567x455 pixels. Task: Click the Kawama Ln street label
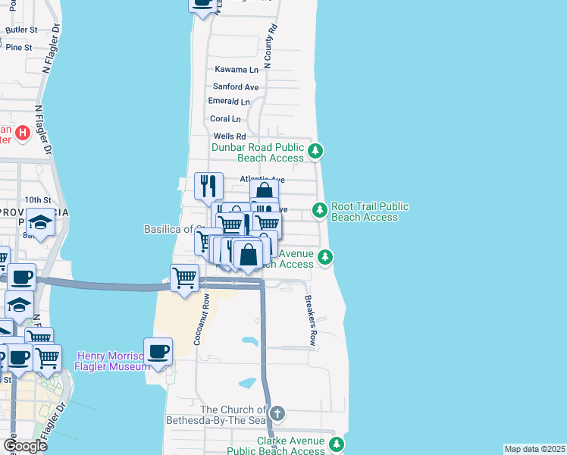pyautogui.click(x=237, y=69)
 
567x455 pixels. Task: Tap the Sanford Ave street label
pyautogui.click(x=236, y=87)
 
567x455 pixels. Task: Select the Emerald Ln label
pyautogui.click(x=229, y=102)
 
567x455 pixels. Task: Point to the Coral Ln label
pyautogui.click(x=225, y=119)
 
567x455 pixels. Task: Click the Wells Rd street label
pyautogui.click(x=230, y=136)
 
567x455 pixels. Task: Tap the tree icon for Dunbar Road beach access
pyautogui.click(x=316, y=152)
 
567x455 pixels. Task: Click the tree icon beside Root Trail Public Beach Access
pyautogui.click(x=320, y=209)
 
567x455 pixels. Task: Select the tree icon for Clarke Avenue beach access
pyautogui.click(x=337, y=445)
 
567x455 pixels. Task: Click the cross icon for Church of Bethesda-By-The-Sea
pyautogui.click(x=277, y=413)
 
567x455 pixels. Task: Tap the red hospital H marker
pyautogui.click(x=23, y=133)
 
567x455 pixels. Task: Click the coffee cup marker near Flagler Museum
pyautogui.click(x=158, y=352)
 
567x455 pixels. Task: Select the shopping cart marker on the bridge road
pyautogui.click(x=185, y=278)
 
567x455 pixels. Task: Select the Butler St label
pyautogui.click(x=21, y=30)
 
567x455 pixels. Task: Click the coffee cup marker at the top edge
pyautogui.click(x=202, y=5)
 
